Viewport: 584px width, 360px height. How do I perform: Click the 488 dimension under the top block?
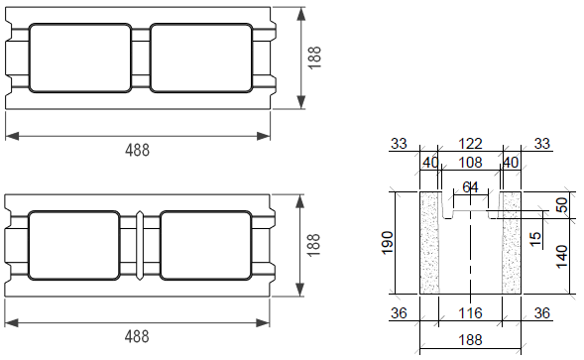click(x=137, y=150)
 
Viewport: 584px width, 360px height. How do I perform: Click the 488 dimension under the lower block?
click(x=137, y=336)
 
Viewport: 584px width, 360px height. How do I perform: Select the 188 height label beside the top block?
click(x=314, y=58)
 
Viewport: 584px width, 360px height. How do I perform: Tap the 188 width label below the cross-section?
click(x=470, y=340)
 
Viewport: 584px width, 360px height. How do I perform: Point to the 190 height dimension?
click(x=388, y=243)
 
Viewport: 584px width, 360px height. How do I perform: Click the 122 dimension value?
click(x=470, y=144)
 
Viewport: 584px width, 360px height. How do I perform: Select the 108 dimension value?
click(x=470, y=163)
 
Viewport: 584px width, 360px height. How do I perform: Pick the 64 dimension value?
click(x=470, y=187)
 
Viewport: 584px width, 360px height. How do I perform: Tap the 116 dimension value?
click(x=470, y=312)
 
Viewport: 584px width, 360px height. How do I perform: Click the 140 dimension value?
click(x=561, y=257)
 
